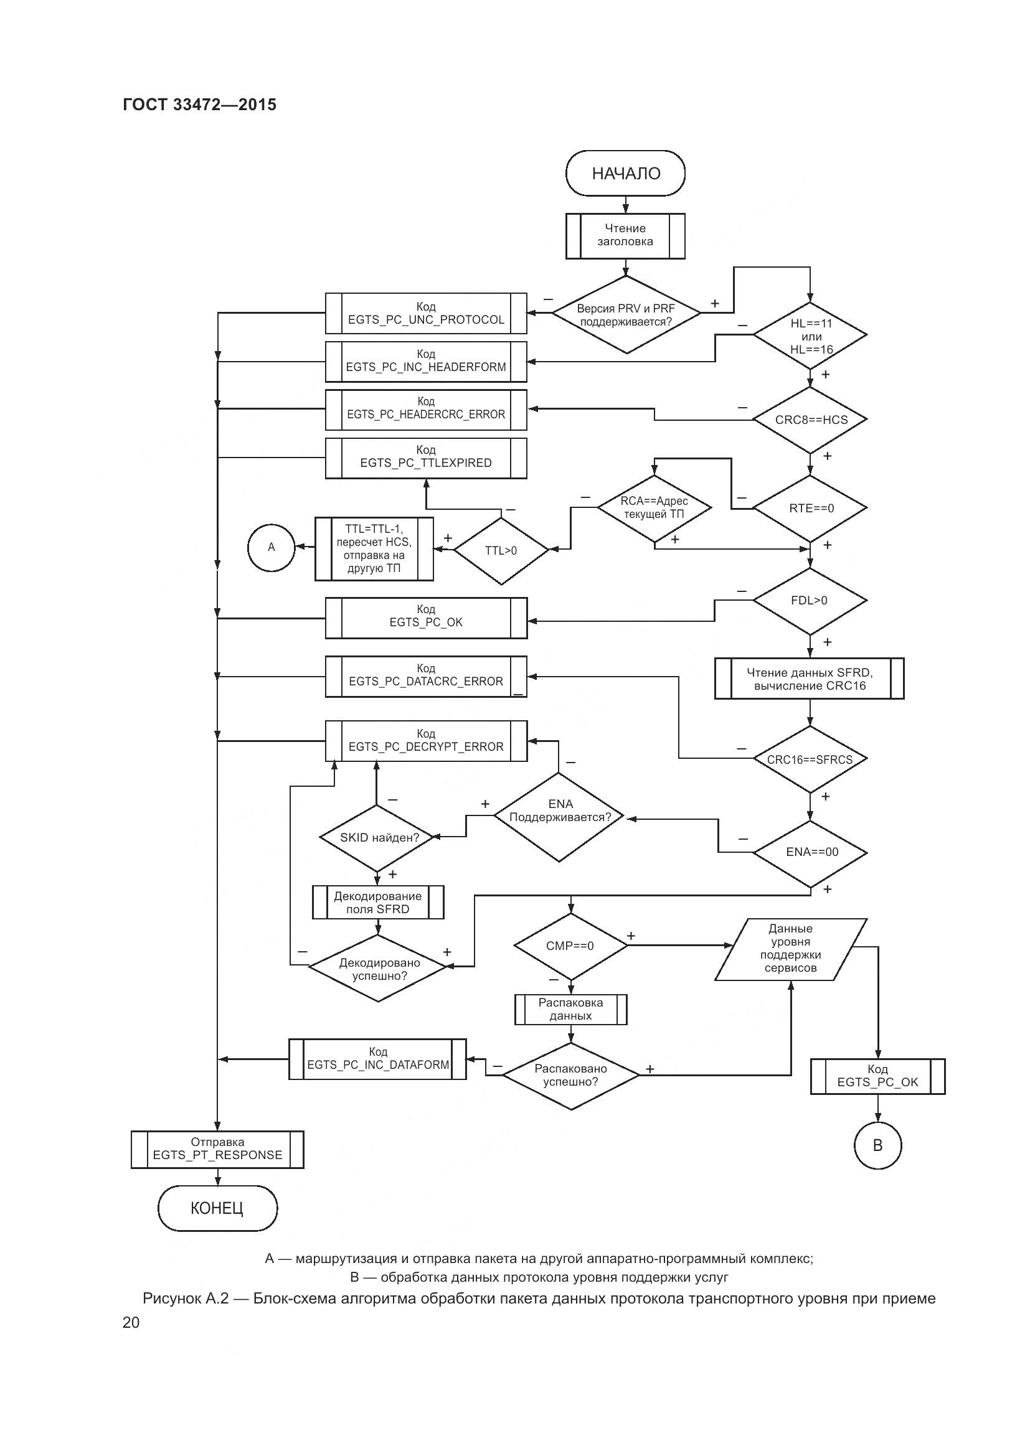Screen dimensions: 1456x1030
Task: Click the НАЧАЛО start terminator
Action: click(x=625, y=173)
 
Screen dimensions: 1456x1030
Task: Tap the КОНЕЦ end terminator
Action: click(x=217, y=1208)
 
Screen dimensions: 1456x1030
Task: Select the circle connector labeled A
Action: click(x=272, y=547)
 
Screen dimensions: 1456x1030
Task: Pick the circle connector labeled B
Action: click(x=878, y=1145)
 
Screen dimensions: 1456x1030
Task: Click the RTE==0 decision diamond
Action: click(x=810, y=509)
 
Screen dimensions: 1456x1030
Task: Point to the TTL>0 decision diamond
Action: click(x=501, y=550)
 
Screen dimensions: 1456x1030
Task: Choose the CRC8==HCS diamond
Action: click(x=810, y=420)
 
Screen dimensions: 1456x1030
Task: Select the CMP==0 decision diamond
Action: click(x=570, y=946)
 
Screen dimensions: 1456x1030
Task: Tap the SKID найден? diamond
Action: click(x=378, y=838)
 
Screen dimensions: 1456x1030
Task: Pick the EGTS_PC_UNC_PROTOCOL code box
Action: click(x=425, y=313)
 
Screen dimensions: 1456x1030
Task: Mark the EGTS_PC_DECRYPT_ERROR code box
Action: click(x=425, y=741)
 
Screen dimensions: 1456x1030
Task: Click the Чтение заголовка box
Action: click(x=625, y=235)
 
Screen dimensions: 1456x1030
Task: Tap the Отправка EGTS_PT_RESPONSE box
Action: click(x=217, y=1149)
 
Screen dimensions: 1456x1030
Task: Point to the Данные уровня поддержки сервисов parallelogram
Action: click(x=790, y=949)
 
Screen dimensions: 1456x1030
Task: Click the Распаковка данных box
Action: click(x=570, y=1009)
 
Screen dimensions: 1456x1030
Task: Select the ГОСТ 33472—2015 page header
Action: click(x=200, y=105)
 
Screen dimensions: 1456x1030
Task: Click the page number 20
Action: click(x=131, y=1322)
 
